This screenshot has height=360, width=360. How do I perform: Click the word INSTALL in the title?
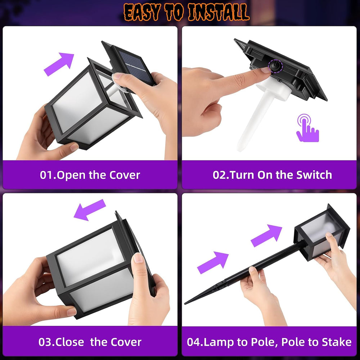coord(219,12)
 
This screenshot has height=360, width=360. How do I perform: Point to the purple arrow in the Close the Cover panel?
coord(90,210)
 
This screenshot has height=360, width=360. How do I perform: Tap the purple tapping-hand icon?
coord(307,128)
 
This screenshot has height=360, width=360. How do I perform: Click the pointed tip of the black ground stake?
coord(185,303)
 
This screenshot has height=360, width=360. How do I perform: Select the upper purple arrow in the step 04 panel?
coord(267,236)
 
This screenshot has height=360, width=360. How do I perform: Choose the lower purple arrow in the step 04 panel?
coord(213,263)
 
